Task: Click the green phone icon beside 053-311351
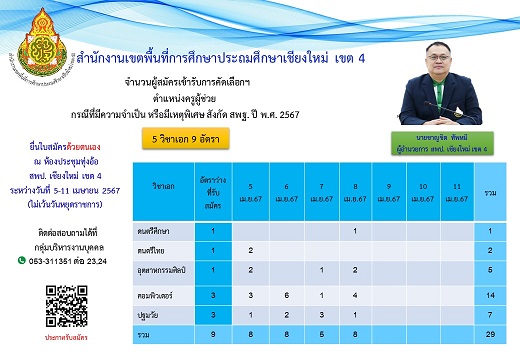tap(23, 260)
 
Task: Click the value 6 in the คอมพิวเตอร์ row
tap(286, 296)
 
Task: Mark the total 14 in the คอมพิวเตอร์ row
tap(493, 296)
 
